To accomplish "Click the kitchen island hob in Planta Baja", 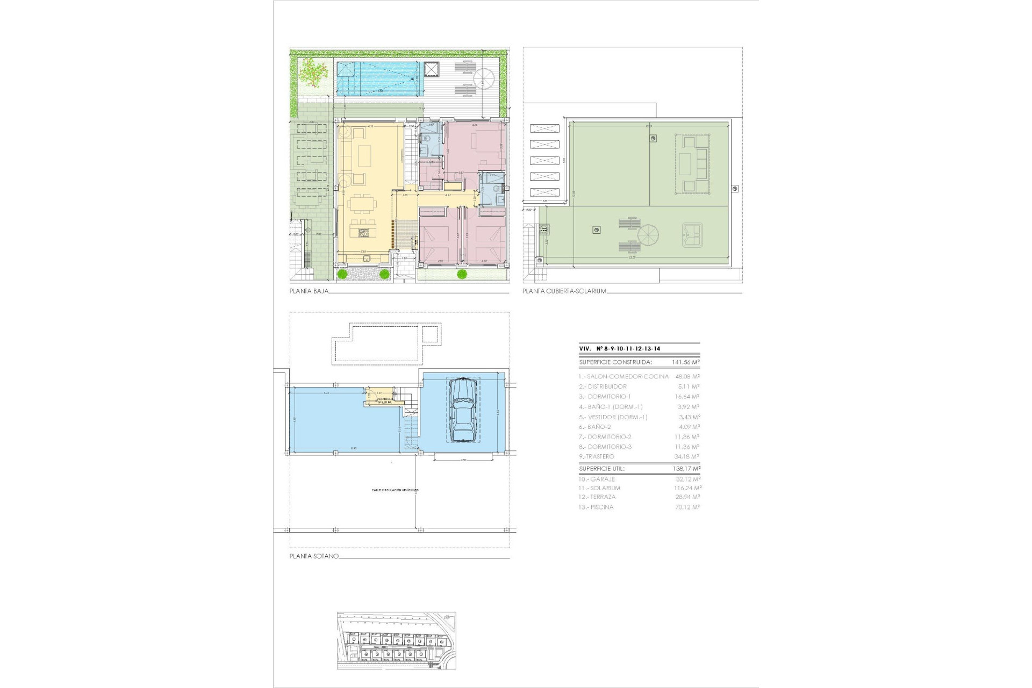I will tap(363, 233).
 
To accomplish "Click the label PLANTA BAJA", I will tap(309, 291).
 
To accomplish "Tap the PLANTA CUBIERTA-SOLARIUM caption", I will tap(564, 291).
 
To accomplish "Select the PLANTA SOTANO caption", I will tap(314, 556).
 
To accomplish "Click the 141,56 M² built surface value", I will tap(686, 362).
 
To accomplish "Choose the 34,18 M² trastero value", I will tap(687, 456).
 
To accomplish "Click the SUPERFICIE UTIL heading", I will tap(602, 469).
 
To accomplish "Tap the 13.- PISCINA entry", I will tap(596, 507).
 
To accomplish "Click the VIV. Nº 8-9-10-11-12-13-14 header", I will tap(620, 348).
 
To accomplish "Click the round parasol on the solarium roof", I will tap(648, 235).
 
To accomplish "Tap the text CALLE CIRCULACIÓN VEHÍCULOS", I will tap(395, 490).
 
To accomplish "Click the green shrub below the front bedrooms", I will tap(462, 275).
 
